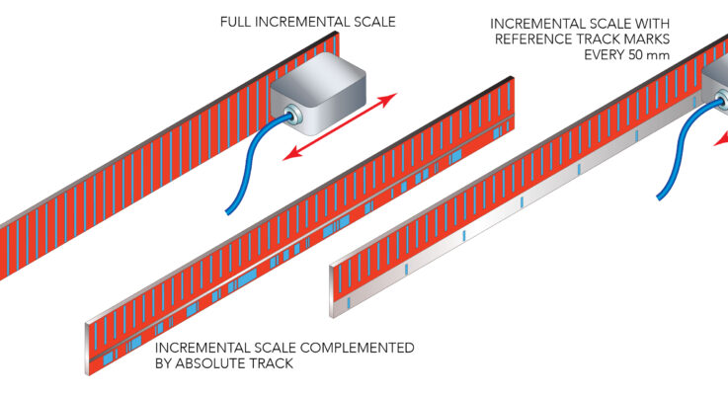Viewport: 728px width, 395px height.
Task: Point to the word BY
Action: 164,363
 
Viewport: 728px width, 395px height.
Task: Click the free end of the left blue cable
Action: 231,209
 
